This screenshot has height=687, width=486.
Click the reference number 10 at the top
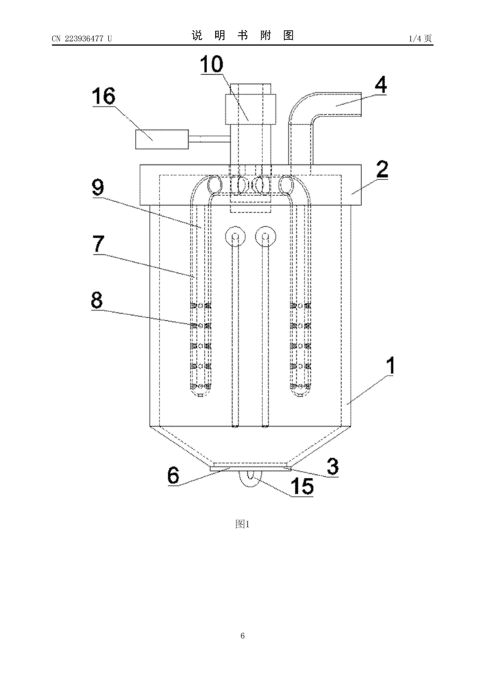click(x=212, y=64)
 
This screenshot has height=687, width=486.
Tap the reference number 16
click(x=104, y=96)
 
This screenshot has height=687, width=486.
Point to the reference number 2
click(x=382, y=169)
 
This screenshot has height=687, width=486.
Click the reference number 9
click(x=98, y=187)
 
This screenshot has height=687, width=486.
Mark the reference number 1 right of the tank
click(x=390, y=365)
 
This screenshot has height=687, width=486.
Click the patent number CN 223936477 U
click(x=82, y=39)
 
